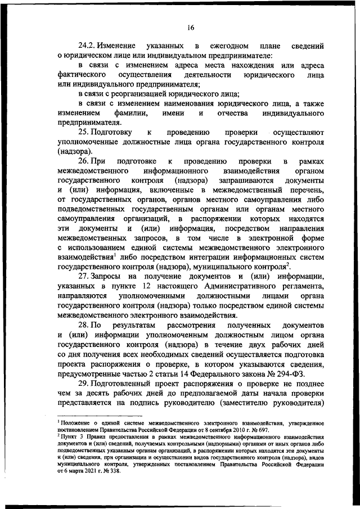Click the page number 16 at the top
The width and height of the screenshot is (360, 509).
pos(191,27)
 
